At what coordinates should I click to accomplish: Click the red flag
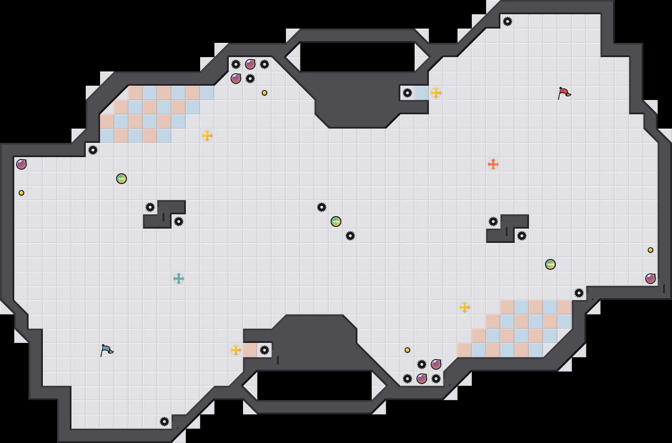[564, 93]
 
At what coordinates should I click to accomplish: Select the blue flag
[107, 350]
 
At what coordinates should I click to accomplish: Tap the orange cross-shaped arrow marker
[493, 164]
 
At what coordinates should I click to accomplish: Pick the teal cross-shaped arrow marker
[179, 279]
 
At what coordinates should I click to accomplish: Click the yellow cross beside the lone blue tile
[436, 93]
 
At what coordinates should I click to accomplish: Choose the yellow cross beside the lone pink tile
[236, 350]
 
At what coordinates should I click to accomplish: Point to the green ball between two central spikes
[336, 221]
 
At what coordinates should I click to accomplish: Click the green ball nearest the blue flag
[122, 179]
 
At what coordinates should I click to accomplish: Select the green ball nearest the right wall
[550, 264]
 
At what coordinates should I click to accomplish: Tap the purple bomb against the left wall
[21, 164]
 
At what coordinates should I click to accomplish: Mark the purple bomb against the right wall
[651, 279]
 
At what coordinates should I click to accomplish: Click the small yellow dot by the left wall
[21, 193]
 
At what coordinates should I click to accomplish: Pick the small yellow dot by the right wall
[651, 250]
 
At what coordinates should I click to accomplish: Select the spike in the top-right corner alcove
[508, 21]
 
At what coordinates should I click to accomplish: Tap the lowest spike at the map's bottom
[164, 422]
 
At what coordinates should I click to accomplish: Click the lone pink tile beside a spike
[250, 350]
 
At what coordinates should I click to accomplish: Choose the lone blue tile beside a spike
[422, 93]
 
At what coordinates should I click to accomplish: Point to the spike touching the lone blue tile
[407, 93]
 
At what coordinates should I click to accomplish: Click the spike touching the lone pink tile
[265, 350]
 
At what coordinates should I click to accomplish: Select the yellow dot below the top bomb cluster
[265, 93]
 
